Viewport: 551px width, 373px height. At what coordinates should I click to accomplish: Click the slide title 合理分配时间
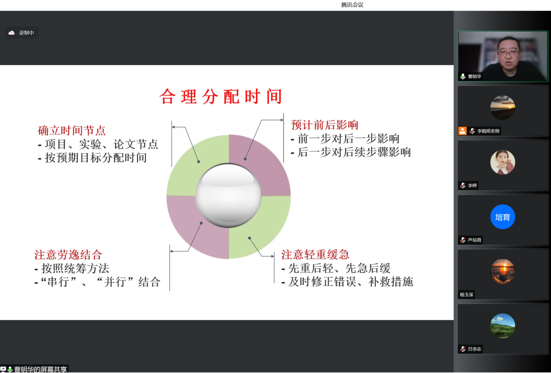click(x=221, y=96)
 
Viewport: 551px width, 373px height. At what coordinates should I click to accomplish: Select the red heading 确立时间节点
click(x=72, y=130)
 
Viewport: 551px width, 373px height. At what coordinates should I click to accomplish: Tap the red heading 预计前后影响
click(x=325, y=125)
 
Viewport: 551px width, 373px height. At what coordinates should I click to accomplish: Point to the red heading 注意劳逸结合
click(x=68, y=255)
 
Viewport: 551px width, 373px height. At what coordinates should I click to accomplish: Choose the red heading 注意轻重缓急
click(x=315, y=255)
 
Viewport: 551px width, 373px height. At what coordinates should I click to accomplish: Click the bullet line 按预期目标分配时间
click(x=92, y=158)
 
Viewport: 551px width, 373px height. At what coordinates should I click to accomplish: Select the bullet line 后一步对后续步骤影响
click(x=351, y=152)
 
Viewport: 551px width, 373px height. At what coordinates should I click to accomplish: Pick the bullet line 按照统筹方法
click(x=72, y=268)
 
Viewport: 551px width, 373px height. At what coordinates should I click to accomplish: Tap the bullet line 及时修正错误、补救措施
click(x=347, y=282)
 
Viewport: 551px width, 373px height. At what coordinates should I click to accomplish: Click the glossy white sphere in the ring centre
click(x=228, y=195)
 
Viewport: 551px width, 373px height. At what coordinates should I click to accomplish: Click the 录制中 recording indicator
click(x=22, y=33)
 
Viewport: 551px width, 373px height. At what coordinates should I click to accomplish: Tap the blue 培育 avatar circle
click(x=503, y=217)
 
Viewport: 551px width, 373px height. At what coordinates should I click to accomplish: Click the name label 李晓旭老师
click(x=488, y=131)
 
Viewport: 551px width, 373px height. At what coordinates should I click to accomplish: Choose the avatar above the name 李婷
click(x=503, y=162)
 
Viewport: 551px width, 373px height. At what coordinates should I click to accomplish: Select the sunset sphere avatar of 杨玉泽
click(x=503, y=271)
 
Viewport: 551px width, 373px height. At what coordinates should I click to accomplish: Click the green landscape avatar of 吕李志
click(x=503, y=326)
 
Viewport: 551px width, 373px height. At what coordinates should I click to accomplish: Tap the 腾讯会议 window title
click(x=352, y=5)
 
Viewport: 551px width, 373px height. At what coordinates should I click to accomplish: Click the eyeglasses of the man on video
click(x=508, y=53)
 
